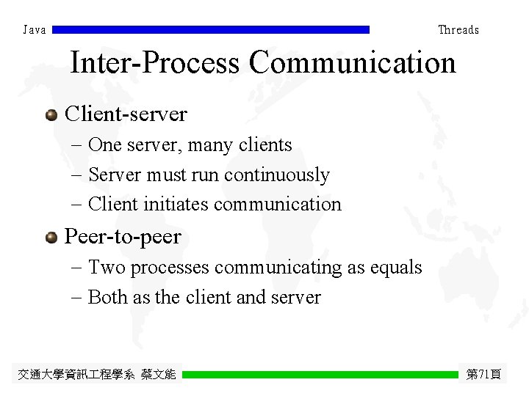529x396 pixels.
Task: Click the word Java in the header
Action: coord(35,30)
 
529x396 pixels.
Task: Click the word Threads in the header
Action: coord(458,30)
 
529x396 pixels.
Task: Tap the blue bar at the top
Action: coord(211,30)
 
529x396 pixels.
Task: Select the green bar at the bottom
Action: coord(320,374)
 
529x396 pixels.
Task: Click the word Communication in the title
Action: coord(352,63)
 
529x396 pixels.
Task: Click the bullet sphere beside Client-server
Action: coord(51,114)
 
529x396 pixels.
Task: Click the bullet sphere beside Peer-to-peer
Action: coord(51,237)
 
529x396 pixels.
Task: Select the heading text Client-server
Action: coord(126,114)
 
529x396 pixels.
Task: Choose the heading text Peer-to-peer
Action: coord(123,237)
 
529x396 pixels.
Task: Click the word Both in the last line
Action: coord(107,297)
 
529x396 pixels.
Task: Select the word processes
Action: coord(170,268)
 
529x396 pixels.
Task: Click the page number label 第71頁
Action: coord(483,375)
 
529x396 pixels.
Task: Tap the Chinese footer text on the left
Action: coord(97,375)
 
